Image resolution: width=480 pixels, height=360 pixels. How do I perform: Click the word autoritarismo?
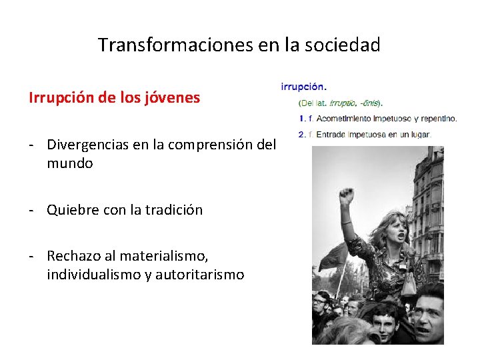pos(199,274)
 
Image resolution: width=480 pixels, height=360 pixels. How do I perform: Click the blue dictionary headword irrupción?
pos(304,86)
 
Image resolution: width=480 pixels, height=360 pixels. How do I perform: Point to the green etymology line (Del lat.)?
pos(341,103)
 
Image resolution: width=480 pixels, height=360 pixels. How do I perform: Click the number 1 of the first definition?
pos(301,119)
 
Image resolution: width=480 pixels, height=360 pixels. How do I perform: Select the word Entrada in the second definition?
pos(331,134)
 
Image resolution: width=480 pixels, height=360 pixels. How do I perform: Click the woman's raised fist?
pos(345,196)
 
